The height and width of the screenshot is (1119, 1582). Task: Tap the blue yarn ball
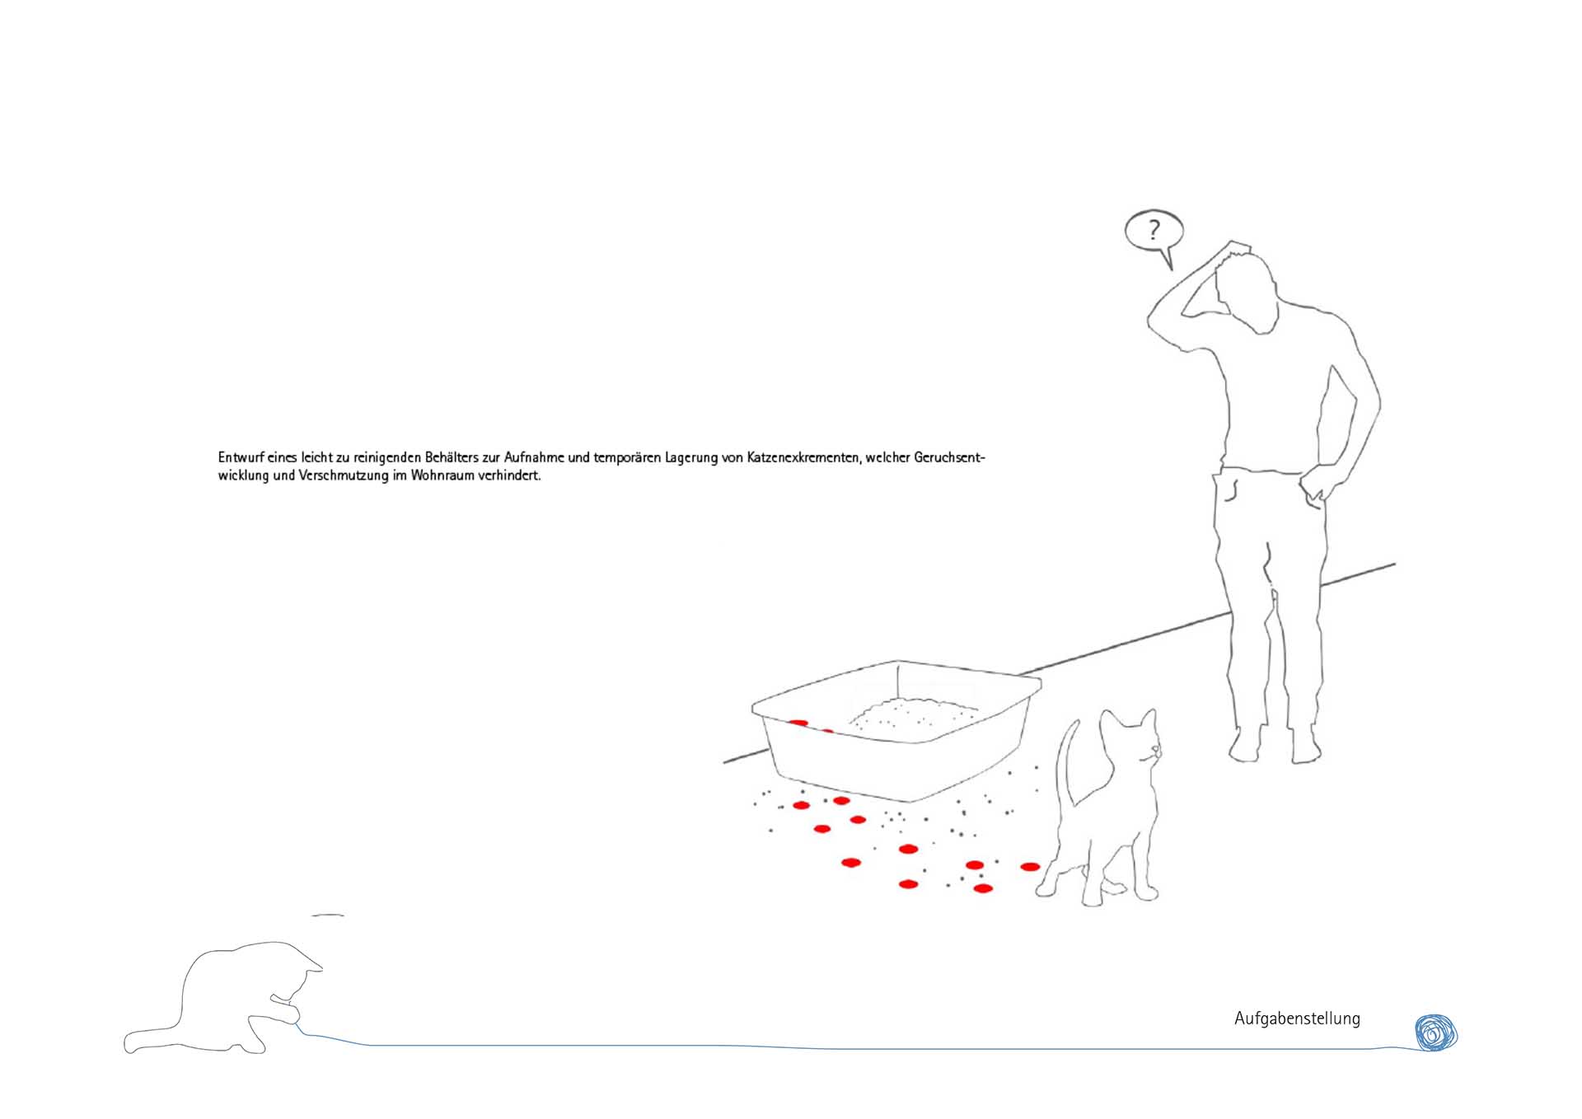[1436, 1032]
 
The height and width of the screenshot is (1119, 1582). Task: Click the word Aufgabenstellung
[1297, 1019]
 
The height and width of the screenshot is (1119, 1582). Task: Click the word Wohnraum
[444, 475]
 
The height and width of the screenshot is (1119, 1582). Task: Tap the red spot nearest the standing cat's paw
[1030, 867]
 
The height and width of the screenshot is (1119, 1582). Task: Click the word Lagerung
[691, 458]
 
